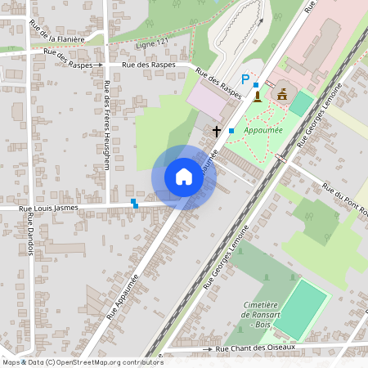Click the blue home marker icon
[184, 177]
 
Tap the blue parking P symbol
[245, 80]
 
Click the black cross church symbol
[218, 131]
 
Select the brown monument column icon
[258, 96]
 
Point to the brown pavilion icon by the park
[282, 94]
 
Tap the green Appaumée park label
[263, 129]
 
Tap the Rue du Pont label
[343, 197]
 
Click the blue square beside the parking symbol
[256, 84]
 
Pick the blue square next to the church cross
[231, 131]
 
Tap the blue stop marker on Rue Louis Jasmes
[134, 203]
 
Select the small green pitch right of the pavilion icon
[301, 103]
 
